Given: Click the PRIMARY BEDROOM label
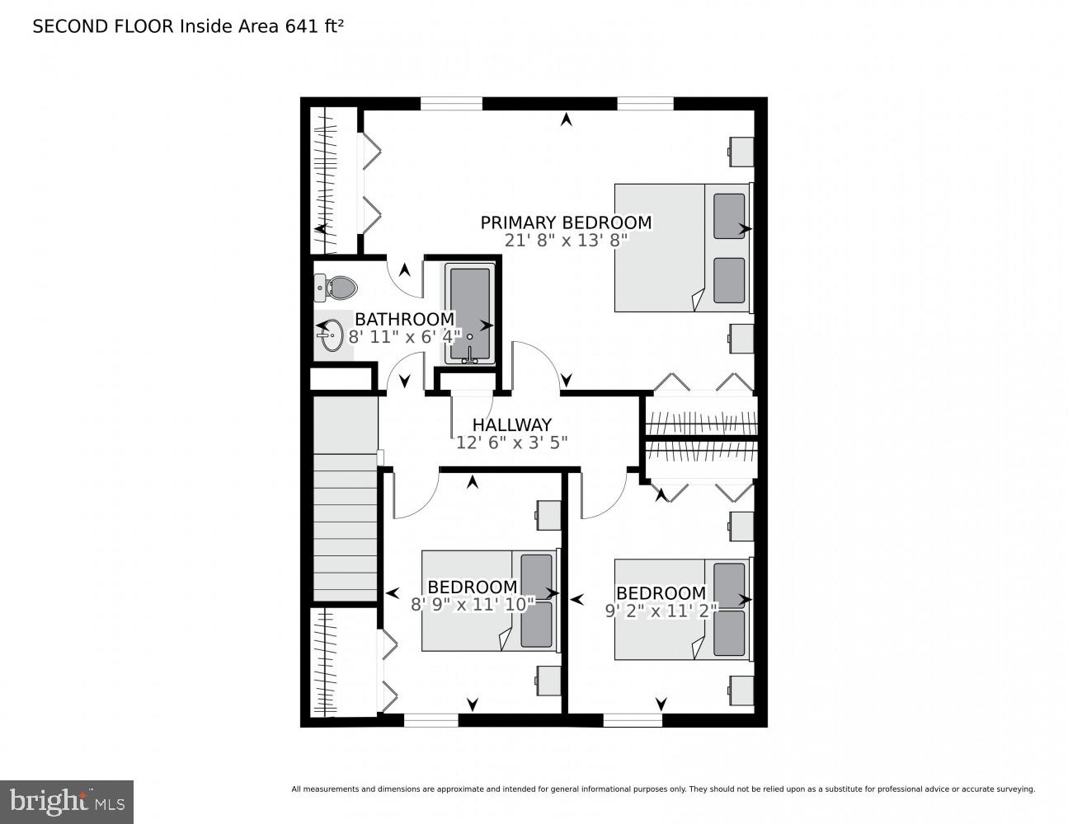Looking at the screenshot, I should click(566, 222).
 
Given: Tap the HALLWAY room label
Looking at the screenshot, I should click(511, 425).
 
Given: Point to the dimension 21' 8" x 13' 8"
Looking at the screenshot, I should click(567, 241).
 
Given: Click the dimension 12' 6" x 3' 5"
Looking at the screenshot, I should click(511, 442).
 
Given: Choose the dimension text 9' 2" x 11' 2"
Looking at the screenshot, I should click(660, 611).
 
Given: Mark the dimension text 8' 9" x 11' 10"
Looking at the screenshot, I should click(473, 604).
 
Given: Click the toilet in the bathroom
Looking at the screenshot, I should click(337, 288).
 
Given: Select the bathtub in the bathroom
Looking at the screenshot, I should click(470, 312).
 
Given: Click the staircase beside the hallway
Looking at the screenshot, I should click(345, 527).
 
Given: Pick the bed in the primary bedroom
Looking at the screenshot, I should click(683, 247).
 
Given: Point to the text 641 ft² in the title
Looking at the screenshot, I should click(314, 26).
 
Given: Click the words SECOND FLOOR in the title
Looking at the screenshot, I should click(103, 26).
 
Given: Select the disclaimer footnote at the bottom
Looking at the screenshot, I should click(662, 789).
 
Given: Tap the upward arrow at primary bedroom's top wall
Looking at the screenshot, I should click(566, 120).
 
